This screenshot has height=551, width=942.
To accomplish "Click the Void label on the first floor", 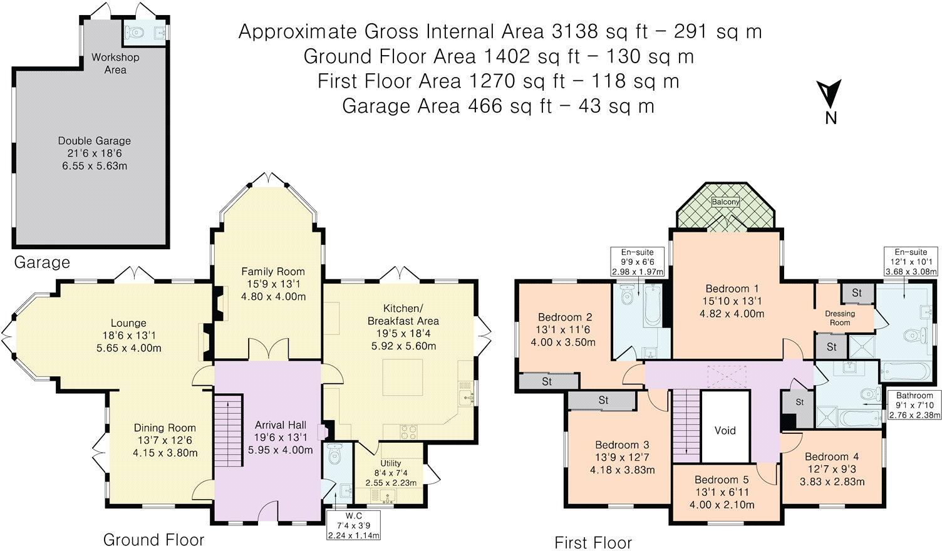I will [725, 431].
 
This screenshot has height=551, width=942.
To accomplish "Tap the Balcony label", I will [725, 202].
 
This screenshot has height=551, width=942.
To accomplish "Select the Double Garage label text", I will [94, 141].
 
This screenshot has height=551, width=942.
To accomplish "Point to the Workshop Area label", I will [115, 63].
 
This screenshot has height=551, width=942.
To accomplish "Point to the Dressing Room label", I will [840, 318].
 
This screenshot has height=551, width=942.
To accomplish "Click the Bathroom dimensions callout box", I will [914, 404].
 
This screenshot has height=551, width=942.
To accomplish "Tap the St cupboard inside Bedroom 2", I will [546, 381].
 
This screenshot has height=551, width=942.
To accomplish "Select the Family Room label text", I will [273, 271].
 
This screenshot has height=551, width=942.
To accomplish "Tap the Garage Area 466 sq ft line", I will [498, 106].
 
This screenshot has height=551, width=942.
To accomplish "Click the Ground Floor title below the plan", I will [153, 539].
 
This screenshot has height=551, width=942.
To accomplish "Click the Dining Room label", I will [165, 428].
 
